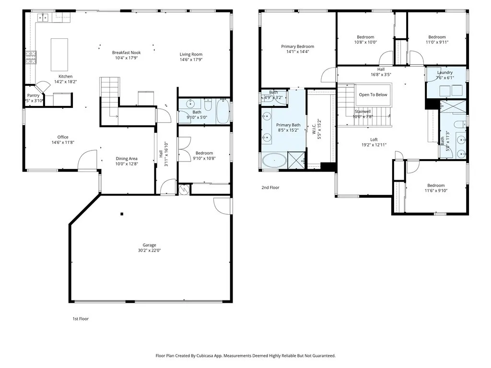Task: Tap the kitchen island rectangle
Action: click(x=59, y=54)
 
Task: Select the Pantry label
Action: click(x=33, y=95)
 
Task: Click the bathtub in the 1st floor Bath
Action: click(x=223, y=111)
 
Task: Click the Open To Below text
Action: click(x=373, y=95)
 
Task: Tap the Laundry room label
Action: click(x=444, y=73)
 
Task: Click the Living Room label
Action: click(x=191, y=54)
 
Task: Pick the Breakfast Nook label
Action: click(x=126, y=53)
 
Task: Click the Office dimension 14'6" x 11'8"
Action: click(x=63, y=142)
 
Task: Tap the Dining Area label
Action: click(x=127, y=159)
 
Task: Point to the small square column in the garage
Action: click(x=122, y=214)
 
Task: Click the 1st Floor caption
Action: click(x=81, y=319)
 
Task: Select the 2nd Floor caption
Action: click(x=270, y=188)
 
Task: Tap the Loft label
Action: click(x=374, y=139)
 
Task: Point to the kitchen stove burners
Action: click(x=31, y=57)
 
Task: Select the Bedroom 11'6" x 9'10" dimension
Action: click(x=436, y=191)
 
